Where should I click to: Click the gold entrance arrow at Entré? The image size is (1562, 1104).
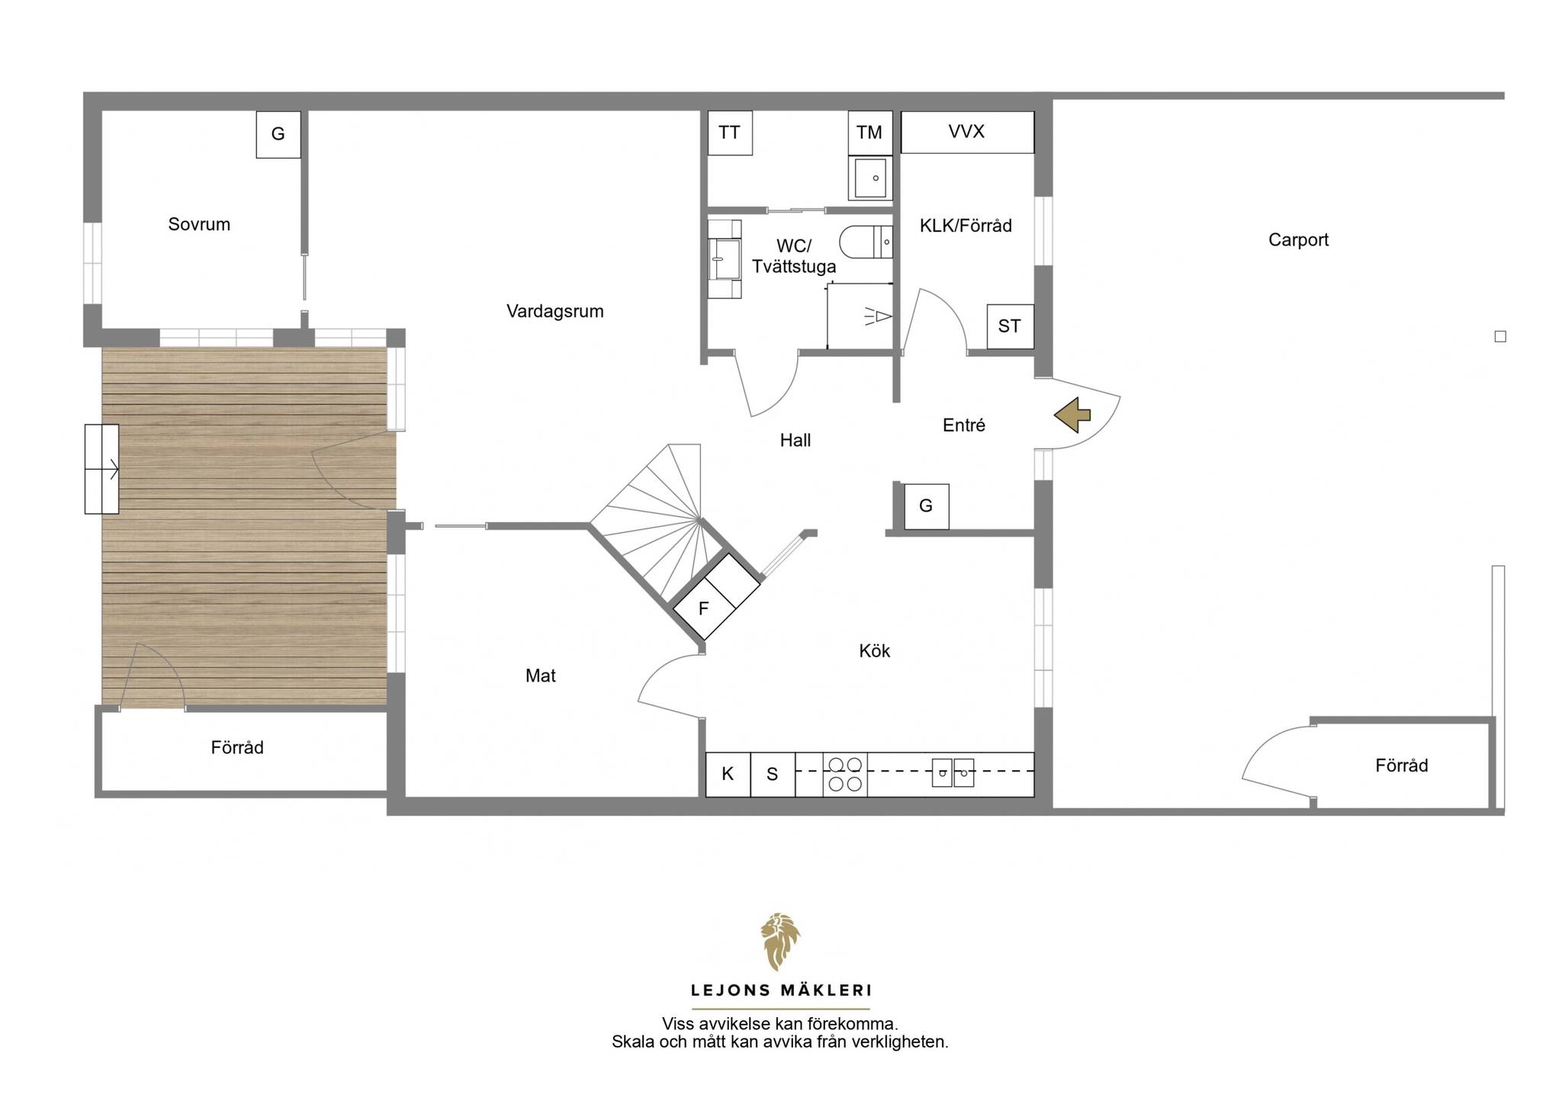point(1072,415)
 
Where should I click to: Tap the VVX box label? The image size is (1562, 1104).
point(967,132)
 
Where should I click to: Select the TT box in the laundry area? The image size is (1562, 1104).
point(730,133)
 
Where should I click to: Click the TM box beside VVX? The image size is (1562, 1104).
point(870,133)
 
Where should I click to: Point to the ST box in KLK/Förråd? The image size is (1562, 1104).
point(1010,326)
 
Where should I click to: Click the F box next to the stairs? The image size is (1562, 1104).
point(704,608)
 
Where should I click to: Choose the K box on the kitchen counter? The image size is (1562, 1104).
point(728,774)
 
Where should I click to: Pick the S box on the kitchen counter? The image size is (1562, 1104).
point(773,774)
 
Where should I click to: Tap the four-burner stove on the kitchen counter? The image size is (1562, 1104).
point(845,774)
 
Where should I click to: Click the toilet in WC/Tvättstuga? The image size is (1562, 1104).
point(866,242)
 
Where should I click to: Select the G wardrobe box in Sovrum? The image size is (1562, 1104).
point(278,134)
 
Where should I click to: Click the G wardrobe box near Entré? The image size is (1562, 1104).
point(927,506)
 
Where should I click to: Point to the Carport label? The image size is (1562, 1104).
point(1298,240)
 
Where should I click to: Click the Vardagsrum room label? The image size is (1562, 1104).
point(555,311)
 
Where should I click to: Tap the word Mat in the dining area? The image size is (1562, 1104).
point(541,676)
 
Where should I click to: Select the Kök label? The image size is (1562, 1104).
point(875,650)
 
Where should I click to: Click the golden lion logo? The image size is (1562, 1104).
point(780,942)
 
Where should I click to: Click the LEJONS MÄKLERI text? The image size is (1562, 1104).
point(781,990)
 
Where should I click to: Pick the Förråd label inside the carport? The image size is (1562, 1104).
point(1402,765)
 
